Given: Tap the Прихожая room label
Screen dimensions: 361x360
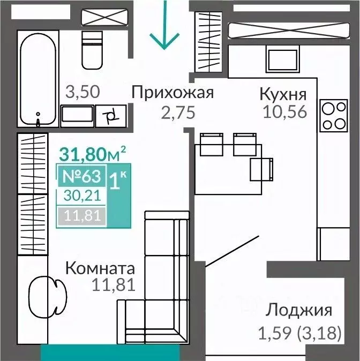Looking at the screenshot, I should click(x=172, y=93).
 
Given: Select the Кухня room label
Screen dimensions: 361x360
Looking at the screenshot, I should click(x=283, y=94).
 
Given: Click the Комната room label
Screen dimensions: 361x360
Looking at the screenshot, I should click(x=100, y=268).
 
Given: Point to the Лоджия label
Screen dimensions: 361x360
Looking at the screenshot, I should click(x=299, y=310).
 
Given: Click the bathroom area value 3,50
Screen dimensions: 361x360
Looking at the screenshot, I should click(x=82, y=92).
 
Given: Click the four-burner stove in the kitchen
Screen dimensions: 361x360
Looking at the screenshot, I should click(x=333, y=116).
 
